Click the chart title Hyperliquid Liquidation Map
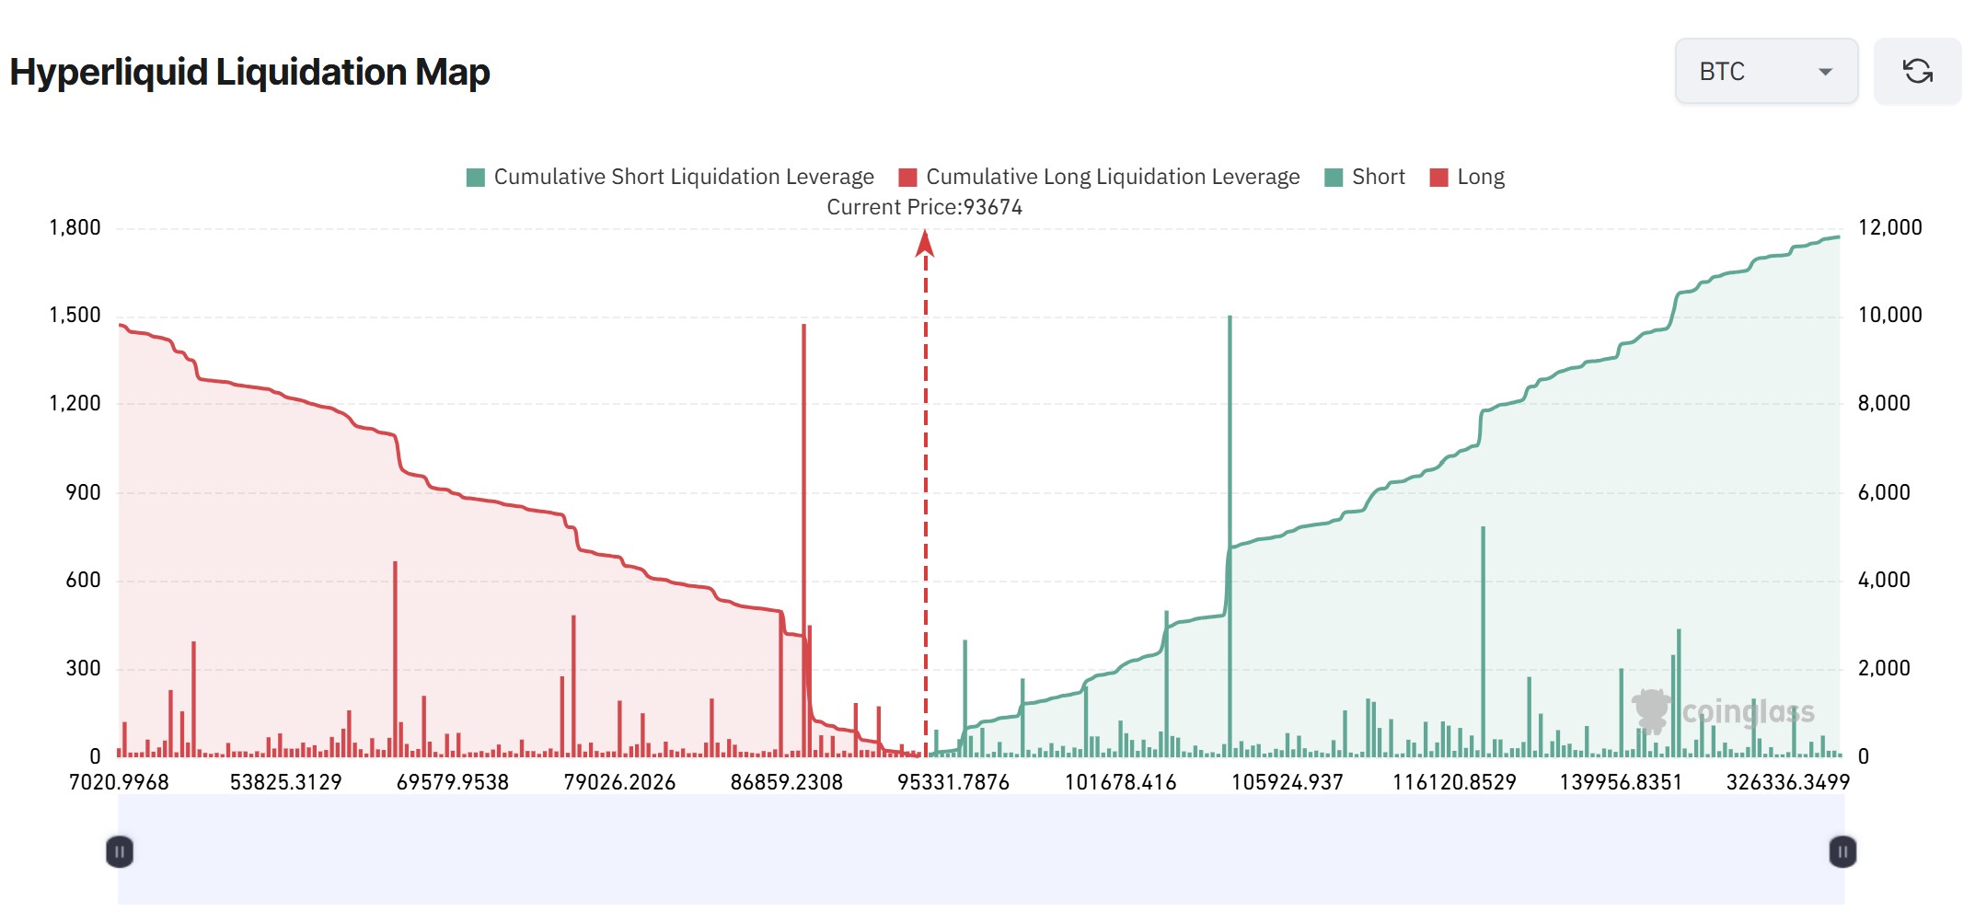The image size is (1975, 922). [249, 72]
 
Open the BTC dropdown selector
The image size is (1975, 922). [1765, 71]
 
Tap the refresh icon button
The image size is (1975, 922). [1917, 71]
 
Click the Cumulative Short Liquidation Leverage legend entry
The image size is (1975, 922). [670, 177]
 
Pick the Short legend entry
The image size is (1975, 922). [1365, 177]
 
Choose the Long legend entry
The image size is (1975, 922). [1467, 177]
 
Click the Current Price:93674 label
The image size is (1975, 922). [924, 207]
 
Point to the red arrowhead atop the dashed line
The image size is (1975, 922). [925, 243]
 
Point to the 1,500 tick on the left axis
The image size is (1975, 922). [75, 315]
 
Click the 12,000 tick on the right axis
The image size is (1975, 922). [1889, 227]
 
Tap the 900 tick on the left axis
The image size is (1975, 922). [83, 492]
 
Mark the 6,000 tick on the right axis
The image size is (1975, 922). [1884, 492]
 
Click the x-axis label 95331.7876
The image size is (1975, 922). [953, 782]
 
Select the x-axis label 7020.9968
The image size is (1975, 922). [119, 782]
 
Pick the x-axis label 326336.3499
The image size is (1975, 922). [1787, 782]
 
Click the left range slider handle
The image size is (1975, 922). [120, 851]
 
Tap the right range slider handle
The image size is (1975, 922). [1842, 851]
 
